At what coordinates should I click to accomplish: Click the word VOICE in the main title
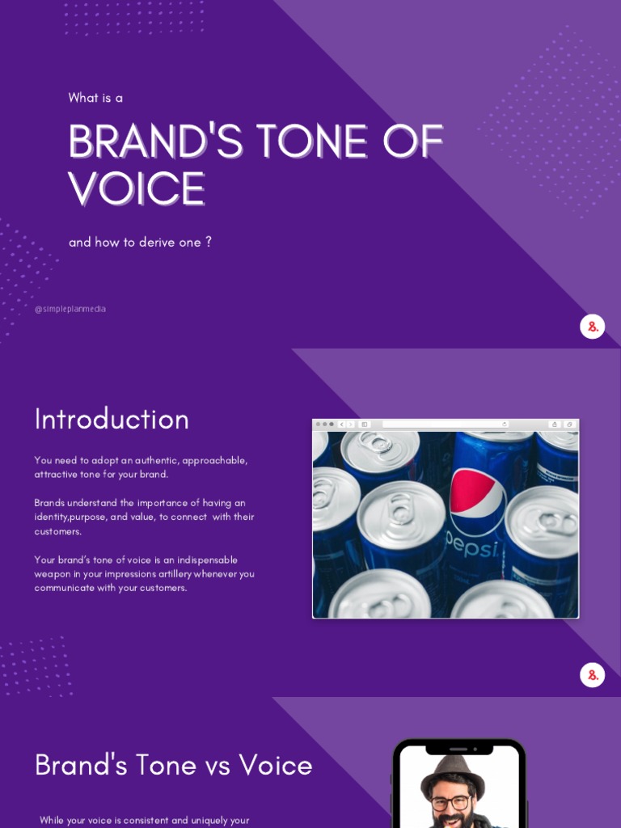click(137, 189)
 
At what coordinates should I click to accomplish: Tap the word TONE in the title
click(310, 142)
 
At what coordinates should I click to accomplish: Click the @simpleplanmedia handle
click(70, 309)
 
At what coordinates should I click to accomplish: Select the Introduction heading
click(112, 419)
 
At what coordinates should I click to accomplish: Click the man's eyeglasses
click(451, 803)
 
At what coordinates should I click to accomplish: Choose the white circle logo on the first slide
click(593, 327)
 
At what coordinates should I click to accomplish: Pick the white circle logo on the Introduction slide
click(593, 675)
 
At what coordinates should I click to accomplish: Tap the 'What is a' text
click(95, 98)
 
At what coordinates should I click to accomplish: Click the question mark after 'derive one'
click(209, 242)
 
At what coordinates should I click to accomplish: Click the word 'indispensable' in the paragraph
click(206, 560)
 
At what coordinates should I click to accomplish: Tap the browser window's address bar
click(446, 424)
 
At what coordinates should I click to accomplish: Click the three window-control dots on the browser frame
click(325, 424)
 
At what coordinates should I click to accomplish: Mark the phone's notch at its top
click(458, 750)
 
